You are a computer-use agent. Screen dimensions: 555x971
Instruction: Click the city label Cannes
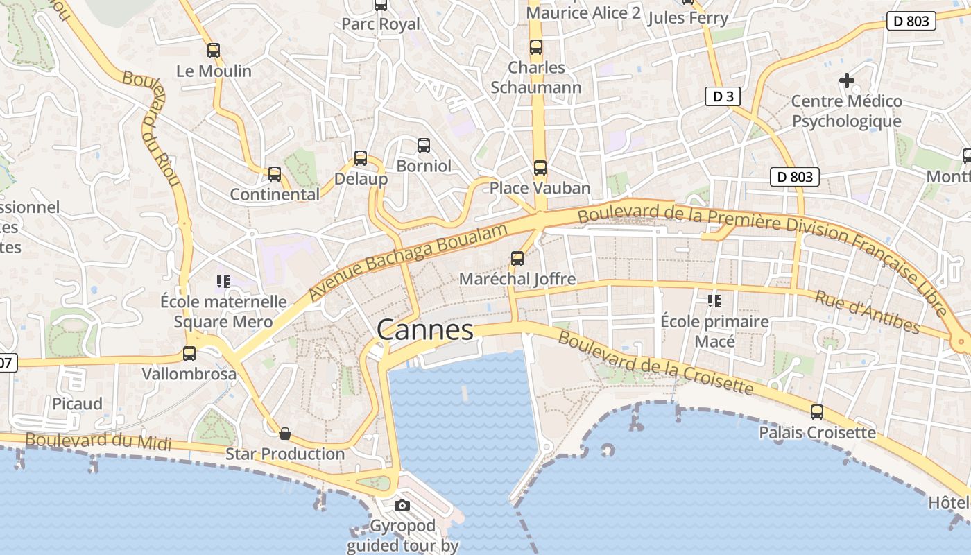point(425,330)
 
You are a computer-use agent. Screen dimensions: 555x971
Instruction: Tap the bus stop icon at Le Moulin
point(214,50)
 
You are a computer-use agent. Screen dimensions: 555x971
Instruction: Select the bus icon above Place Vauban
point(540,167)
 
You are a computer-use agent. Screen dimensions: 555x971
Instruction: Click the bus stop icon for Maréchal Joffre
point(517,259)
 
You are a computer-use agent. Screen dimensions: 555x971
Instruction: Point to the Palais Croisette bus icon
point(817,412)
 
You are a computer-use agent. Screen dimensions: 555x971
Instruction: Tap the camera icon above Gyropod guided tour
point(402,505)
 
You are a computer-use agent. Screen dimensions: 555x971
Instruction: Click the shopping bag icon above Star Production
point(285,434)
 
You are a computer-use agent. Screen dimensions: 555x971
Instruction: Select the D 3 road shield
point(723,96)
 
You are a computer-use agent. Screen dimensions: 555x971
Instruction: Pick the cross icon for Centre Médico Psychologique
point(847,80)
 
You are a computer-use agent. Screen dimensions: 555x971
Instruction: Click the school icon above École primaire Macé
point(714,301)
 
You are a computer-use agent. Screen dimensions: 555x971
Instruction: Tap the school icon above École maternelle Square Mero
point(223,281)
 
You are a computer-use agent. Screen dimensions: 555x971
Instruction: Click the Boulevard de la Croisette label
point(655,363)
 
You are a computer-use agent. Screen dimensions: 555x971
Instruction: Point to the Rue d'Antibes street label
point(867,311)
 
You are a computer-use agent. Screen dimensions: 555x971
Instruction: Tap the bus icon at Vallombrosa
point(189,354)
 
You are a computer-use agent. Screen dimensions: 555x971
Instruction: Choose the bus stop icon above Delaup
point(361,158)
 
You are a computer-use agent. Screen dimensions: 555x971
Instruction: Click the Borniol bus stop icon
point(424,146)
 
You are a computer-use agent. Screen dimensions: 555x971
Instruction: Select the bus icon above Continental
point(275,174)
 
